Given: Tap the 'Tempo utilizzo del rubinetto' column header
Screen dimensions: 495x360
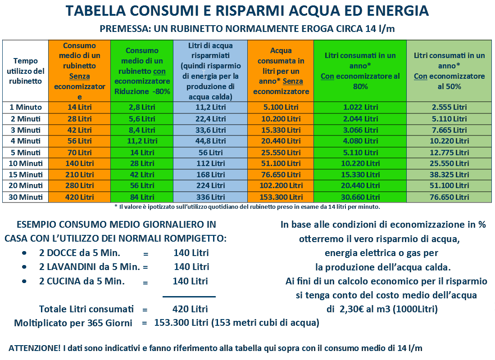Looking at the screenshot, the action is coord(26,71).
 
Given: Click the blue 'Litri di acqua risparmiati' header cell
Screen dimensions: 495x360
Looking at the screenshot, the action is coord(210,71).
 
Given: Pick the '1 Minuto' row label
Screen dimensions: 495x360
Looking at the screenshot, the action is coord(26,107).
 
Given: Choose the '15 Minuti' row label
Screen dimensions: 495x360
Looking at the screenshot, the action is coord(26,175).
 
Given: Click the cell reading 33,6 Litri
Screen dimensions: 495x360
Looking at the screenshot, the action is coord(210,130).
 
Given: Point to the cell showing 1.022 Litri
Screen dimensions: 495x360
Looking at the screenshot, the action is coord(360,107).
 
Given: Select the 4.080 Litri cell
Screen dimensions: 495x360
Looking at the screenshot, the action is coord(360,141).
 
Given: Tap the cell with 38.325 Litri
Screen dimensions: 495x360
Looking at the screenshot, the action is coord(449,175).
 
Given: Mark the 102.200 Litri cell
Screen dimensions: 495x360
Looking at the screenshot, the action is coord(281,185).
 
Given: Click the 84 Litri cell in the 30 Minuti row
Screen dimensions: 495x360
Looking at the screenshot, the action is coord(142,197).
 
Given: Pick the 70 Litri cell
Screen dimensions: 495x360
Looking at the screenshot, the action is coord(80,153).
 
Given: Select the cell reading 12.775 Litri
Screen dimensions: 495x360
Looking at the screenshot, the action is coord(449,153).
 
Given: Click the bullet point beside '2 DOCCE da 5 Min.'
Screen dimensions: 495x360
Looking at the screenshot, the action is coord(24,253).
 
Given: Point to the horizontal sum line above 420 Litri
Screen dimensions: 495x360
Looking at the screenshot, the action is coord(189,297).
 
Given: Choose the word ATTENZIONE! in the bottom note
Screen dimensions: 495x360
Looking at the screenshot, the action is coord(34,348).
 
